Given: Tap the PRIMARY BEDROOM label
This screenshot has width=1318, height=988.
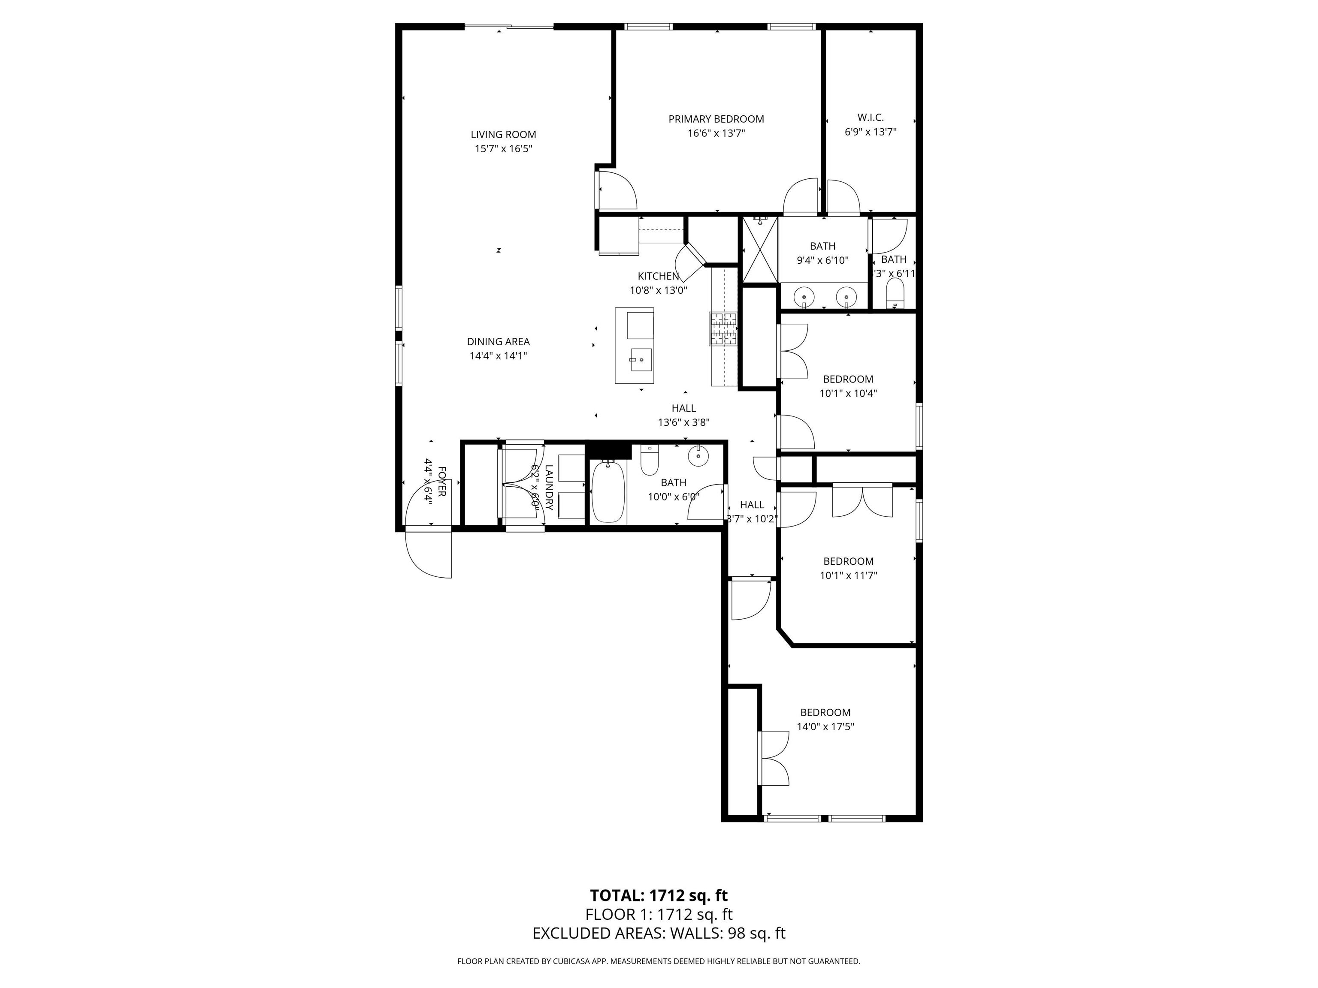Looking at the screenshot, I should [x=716, y=119].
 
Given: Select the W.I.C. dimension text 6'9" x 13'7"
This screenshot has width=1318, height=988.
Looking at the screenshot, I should [x=870, y=132].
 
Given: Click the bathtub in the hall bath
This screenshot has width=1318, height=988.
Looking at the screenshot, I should [x=608, y=493].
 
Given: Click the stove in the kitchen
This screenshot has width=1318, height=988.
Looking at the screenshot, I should [x=723, y=329].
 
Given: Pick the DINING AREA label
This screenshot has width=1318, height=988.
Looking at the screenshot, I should [x=498, y=342].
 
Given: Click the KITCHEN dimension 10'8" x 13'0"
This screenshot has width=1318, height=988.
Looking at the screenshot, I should [x=659, y=291].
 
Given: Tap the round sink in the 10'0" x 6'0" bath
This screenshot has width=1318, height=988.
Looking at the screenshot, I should [x=698, y=456].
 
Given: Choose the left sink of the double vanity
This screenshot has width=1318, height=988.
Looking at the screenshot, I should [x=805, y=295].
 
